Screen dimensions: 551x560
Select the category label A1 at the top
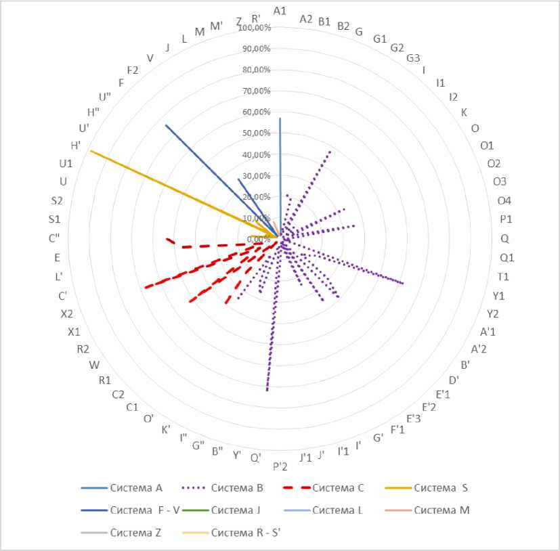[x=280, y=10]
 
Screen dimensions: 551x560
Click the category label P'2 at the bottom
[x=280, y=466]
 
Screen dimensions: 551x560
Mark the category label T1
[x=502, y=277]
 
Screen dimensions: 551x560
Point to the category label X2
[x=66, y=314]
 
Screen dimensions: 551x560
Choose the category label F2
[x=133, y=70]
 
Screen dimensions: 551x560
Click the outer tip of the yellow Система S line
[x=90, y=150]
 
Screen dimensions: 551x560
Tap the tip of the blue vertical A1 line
[x=280, y=118]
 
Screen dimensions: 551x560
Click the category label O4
[x=504, y=200]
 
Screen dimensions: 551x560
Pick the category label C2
[x=118, y=395]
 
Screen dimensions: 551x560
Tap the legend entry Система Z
[x=135, y=533]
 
